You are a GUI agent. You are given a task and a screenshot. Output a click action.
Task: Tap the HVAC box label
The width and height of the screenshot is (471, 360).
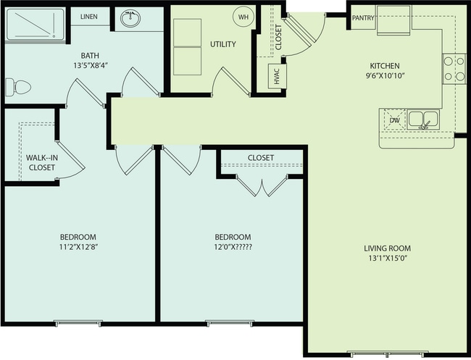[x=276, y=77]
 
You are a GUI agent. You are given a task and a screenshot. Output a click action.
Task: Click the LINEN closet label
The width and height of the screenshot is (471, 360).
[x=88, y=17]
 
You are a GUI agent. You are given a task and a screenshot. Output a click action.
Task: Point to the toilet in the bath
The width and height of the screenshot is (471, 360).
[x=17, y=87]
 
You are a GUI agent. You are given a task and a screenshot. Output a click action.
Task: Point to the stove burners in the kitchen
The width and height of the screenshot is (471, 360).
[x=454, y=69]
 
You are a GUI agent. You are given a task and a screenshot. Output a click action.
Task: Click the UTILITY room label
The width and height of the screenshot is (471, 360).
[x=222, y=44]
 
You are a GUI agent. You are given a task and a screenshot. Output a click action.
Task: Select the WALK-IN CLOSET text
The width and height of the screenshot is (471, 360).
[x=41, y=162]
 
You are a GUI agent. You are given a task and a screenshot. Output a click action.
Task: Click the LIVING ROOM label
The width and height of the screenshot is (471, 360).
[x=387, y=249]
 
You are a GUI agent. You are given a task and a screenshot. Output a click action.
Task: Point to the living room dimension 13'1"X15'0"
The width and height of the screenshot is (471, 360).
[x=387, y=261]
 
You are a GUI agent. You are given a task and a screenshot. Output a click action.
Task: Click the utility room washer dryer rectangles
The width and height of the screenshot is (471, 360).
[x=187, y=46]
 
